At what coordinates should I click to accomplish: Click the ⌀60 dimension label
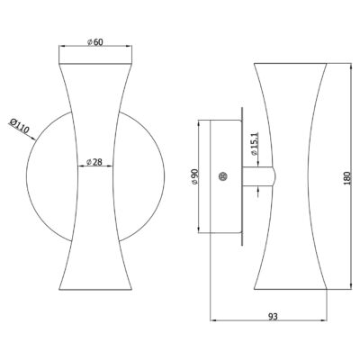pos(95,42)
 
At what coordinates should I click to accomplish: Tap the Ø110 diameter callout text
pos(19,126)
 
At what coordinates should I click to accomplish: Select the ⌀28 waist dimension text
pos(94,162)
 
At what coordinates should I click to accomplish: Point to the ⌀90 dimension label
pos(195,177)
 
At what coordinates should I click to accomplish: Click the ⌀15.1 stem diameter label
pos(255,144)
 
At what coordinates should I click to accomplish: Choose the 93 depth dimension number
pos(273,316)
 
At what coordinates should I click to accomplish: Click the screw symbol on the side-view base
pos(223,176)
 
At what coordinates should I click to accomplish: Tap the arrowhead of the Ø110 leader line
pos(32,139)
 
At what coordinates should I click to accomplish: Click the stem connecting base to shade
pos(258,176)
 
